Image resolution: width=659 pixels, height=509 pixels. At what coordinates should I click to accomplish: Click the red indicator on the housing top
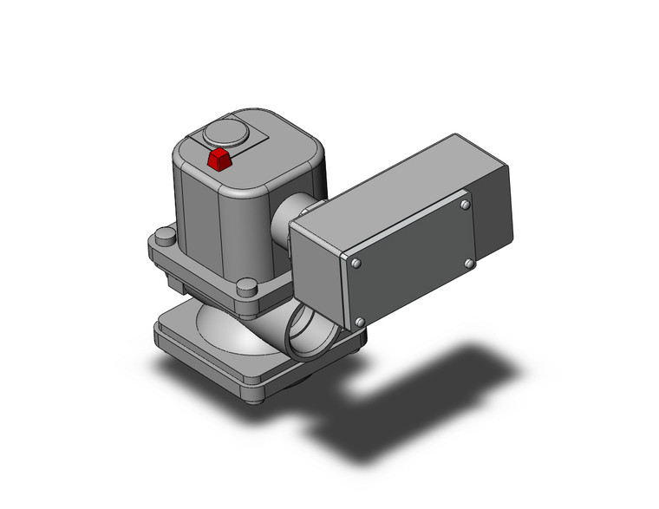[x=219, y=159]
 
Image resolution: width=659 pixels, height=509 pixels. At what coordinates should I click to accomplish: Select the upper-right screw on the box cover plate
[x=466, y=205]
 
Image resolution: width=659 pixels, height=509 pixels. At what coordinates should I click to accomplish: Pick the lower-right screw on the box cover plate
[x=469, y=262]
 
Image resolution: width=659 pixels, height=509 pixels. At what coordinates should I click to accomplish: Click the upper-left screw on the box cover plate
[x=356, y=262]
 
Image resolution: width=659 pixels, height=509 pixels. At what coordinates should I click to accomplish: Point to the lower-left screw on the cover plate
[x=359, y=322]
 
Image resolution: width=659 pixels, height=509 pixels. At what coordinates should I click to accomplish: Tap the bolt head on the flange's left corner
[x=165, y=237]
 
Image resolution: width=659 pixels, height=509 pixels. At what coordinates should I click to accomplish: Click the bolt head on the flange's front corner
[x=247, y=287]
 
